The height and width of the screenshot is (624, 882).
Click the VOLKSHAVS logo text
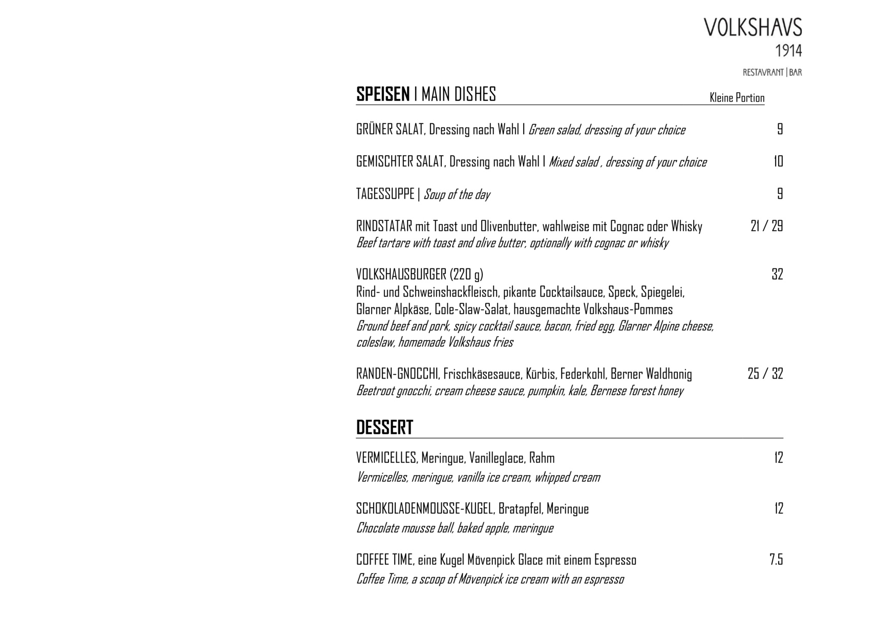tap(752, 28)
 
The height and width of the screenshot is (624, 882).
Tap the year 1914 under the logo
tap(788, 51)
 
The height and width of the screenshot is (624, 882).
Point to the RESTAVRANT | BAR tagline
tap(772, 73)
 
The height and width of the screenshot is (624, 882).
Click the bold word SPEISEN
tap(383, 94)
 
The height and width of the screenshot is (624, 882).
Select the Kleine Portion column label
tap(737, 98)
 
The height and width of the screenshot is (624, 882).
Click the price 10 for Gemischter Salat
tap(778, 162)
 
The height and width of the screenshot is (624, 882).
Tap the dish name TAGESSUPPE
tap(385, 194)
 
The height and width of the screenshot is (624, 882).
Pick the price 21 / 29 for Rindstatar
tap(766, 226)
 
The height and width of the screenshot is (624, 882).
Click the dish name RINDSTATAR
tap(384, 226)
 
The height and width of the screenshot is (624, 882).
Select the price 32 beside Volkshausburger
tap(777, 275)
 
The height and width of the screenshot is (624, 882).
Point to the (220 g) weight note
tap(466, 275)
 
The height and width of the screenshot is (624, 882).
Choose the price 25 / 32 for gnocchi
tap(765, 374)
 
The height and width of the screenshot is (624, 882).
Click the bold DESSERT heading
tap(384, 428)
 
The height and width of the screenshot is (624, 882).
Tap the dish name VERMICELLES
tap(386, 458)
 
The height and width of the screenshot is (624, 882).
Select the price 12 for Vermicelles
tap(778, 458)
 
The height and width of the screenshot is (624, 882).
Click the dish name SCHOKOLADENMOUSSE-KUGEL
tap(425, 509)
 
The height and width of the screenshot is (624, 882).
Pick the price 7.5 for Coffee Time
tap(776, 559)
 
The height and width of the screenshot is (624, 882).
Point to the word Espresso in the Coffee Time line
tap(615, 560)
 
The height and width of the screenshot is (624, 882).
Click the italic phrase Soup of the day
tap(457, 195)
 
